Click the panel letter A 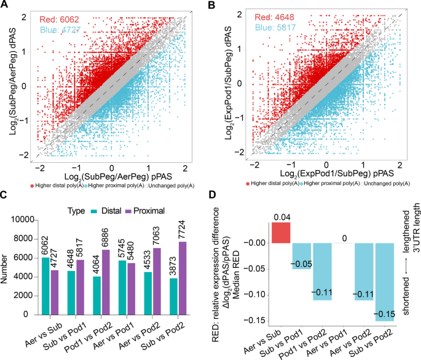tap(5, 6)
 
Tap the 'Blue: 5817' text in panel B tap(277, 29)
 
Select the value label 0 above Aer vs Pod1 tap(342, 237)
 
